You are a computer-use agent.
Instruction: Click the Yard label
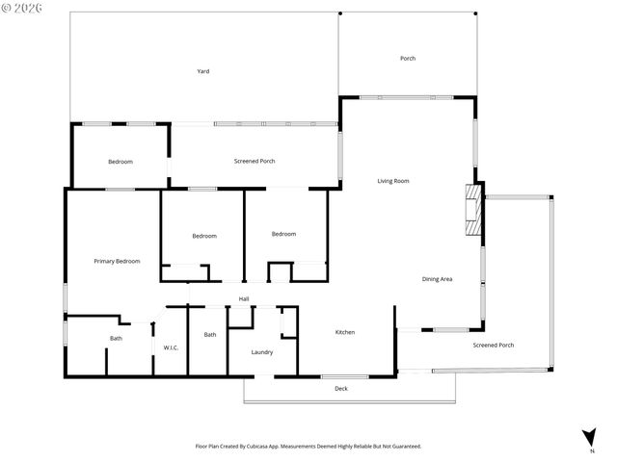point(203,71)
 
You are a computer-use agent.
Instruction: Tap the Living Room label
point(393,181)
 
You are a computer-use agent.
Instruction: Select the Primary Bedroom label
point(117,261)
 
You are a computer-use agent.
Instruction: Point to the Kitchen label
point(345,332)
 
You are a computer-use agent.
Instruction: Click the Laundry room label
point(262,352)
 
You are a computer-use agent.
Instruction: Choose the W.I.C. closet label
point(171,347)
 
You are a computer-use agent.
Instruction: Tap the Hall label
point(244,299)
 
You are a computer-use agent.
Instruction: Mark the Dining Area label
point(438,279)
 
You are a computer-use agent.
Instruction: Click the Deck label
point(340,389)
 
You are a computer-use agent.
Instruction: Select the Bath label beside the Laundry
point(210,334)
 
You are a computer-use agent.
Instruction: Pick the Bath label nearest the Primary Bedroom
point(116,338)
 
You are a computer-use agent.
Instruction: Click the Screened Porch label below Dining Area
point(493,345)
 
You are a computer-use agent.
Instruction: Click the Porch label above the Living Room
point(408,59)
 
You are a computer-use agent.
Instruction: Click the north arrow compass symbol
point(588,438)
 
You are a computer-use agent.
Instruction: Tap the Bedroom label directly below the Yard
point(121,162)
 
